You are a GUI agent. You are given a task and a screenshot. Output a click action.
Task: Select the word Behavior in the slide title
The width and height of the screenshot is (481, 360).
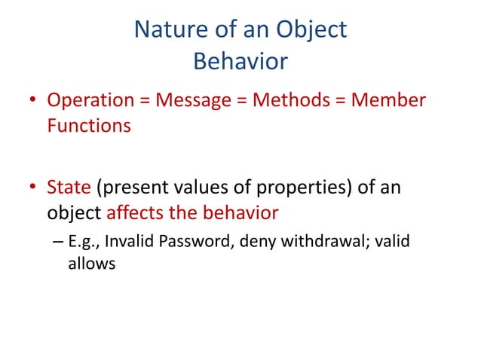(240, 61)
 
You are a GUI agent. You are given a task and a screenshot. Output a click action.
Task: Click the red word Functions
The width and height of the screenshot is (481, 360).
(89, 125)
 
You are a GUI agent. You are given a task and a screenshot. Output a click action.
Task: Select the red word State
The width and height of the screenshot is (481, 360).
(69, 187)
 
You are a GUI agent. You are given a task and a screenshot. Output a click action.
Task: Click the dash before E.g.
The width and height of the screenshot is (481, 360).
(59, 243)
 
